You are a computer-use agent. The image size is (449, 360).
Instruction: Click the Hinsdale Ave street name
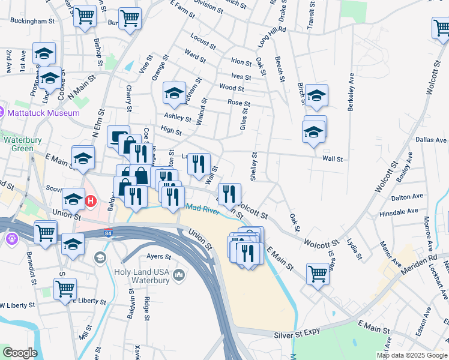click(399, 212)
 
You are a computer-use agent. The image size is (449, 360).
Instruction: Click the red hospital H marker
click(91, 201)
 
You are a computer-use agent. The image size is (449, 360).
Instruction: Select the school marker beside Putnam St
click(175, 93)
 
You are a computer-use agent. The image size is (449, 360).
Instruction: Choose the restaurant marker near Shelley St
click(229, 193)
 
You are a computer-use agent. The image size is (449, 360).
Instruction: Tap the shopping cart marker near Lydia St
click(318, 274)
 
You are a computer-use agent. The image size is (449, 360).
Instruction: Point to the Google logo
click(20, 353)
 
